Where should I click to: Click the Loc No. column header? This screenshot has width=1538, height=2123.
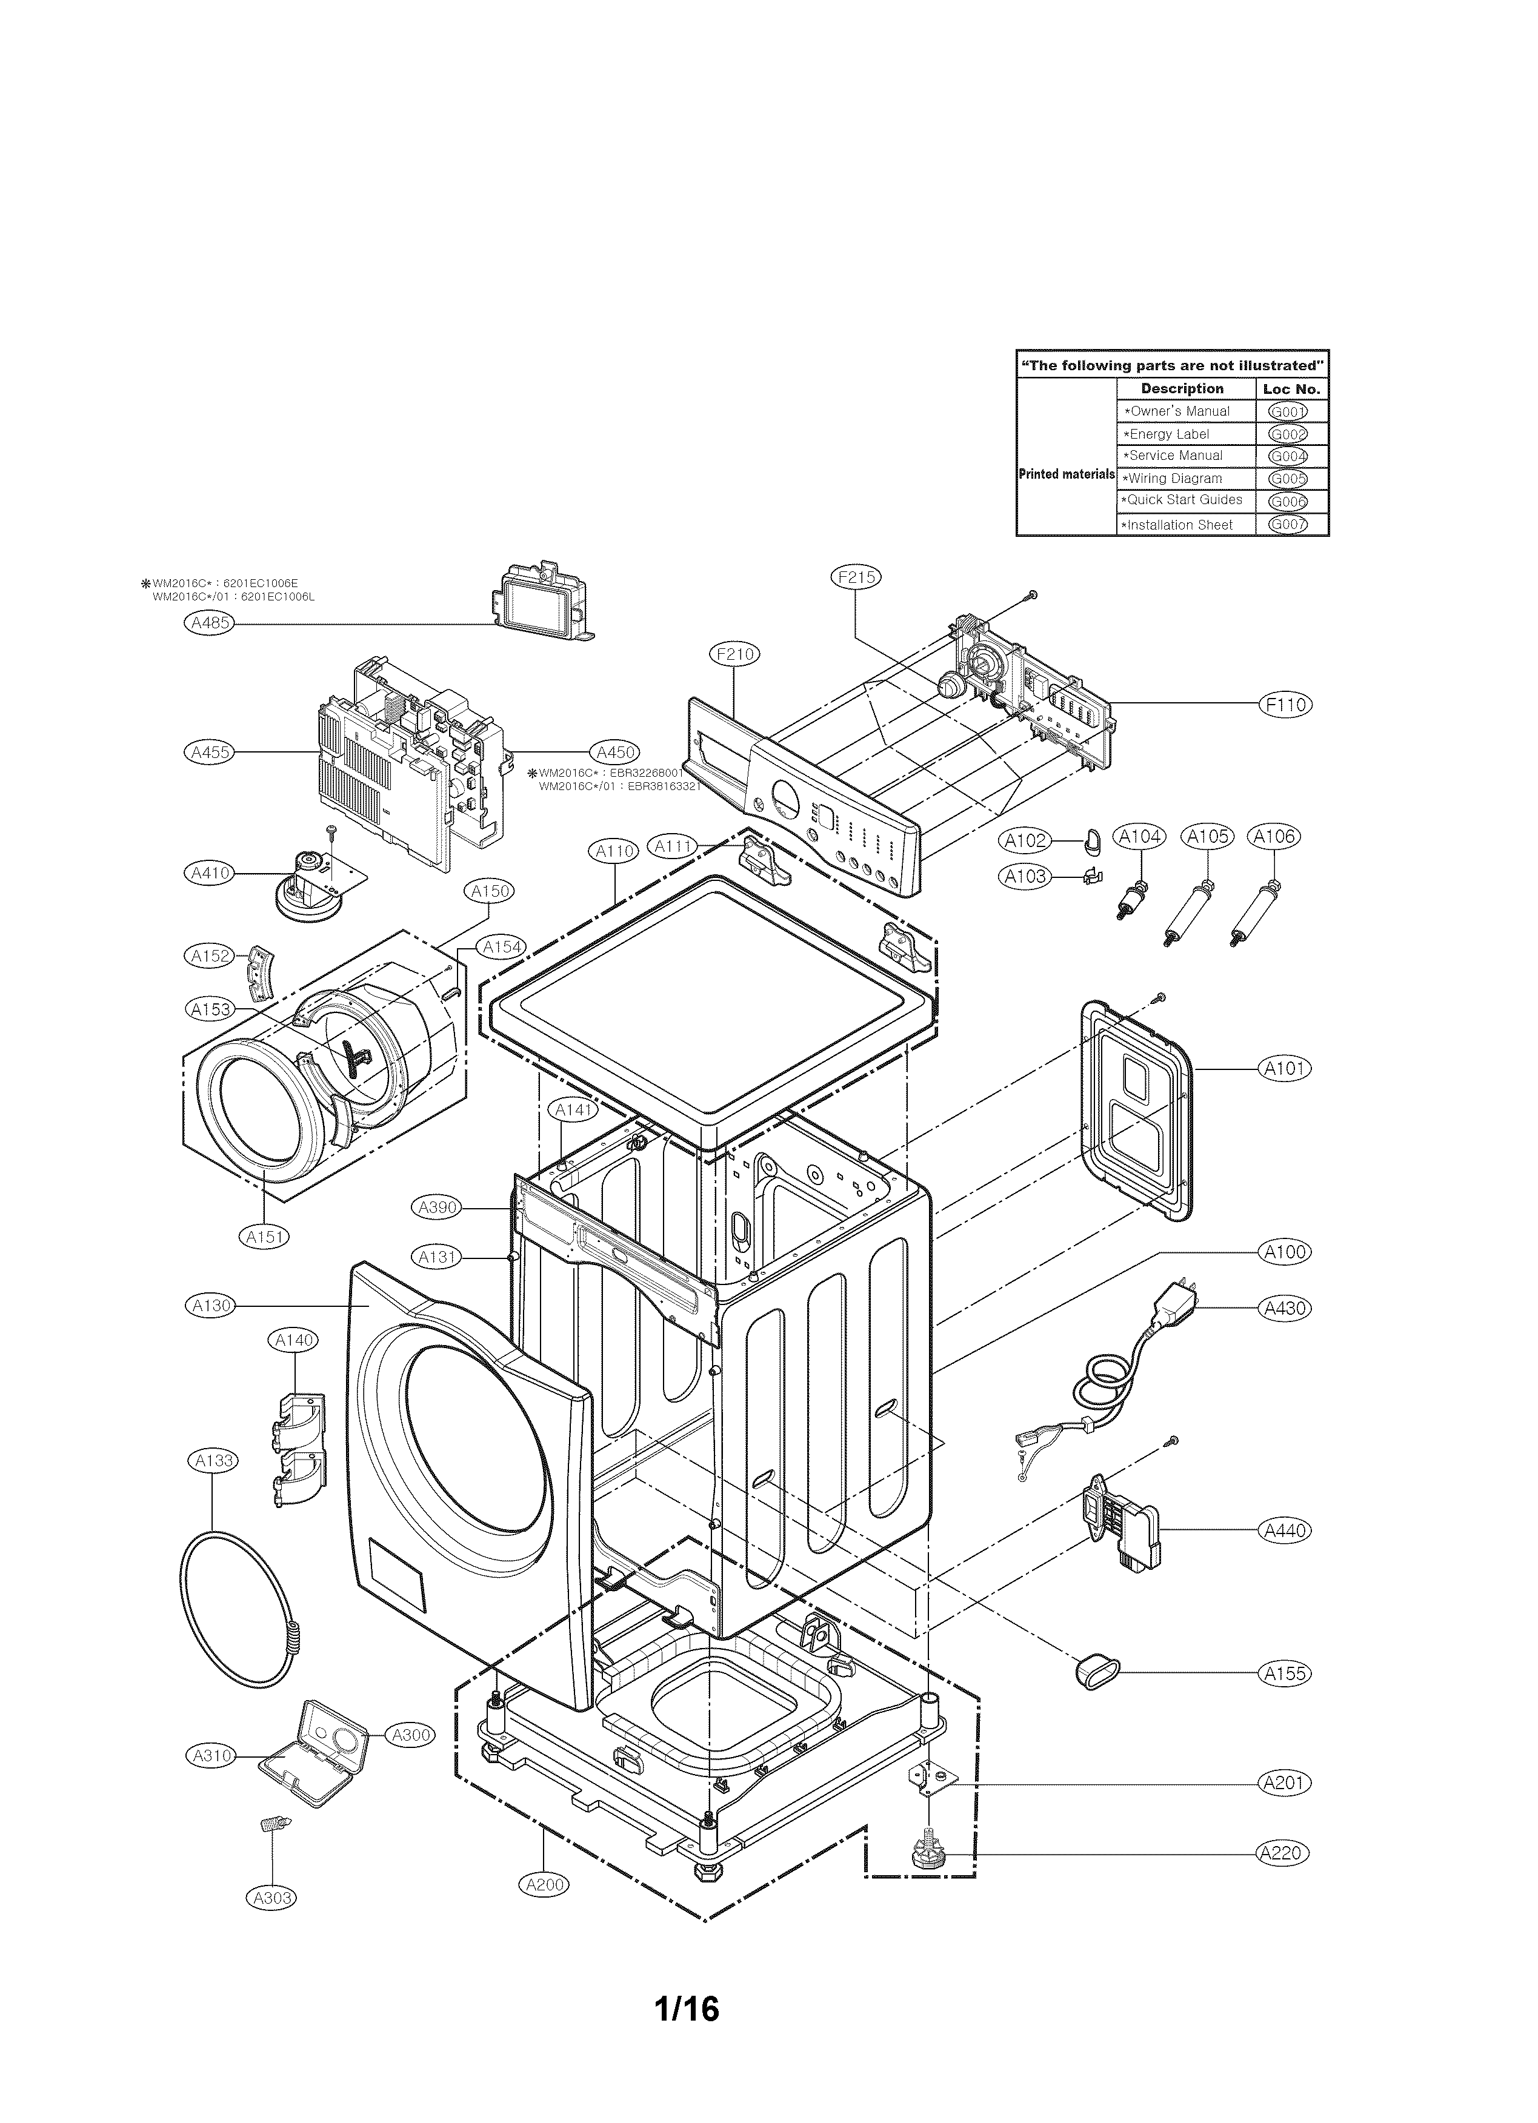pyautogui.click(x=1291, y=388)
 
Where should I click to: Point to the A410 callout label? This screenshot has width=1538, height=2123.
pyautogui.click(x=208, y=873)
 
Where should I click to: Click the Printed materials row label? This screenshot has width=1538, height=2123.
pyautogui.click(x=1065, y=474)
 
